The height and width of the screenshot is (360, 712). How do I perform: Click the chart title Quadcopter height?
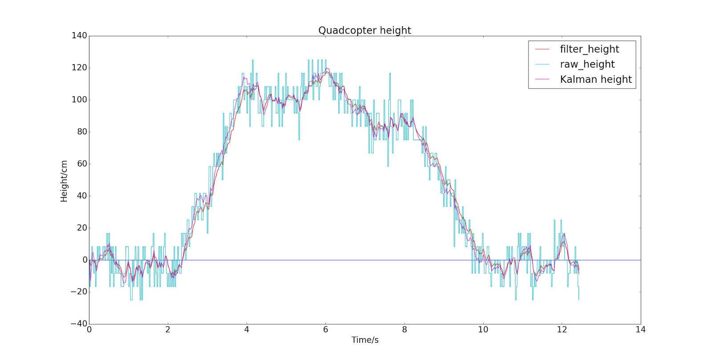coord(364,30)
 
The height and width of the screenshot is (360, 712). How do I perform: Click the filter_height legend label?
coord(589,49)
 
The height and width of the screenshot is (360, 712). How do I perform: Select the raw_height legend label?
coord(587,64)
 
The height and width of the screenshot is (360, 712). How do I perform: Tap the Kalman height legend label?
coord(595,79)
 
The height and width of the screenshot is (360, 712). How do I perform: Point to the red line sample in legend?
coord(542,49)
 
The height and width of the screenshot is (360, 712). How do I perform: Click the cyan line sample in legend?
coord(542,65)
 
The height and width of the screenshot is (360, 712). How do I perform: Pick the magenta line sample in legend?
coord(542,80)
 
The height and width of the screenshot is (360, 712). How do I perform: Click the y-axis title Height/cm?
coord(64,181)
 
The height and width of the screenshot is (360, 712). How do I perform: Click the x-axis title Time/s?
coord(365,340)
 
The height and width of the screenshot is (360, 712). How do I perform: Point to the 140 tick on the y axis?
coord(79,36)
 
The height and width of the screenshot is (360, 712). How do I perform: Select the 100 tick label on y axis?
coord(79,100)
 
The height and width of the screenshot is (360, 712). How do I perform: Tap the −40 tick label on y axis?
coord(78,324)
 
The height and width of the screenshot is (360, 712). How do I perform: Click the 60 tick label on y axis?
coord(82,164)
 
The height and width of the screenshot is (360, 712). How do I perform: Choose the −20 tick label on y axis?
coord(78,292)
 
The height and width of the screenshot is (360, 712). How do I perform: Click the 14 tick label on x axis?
coord(640,330)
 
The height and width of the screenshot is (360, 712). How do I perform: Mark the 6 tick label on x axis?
coord(325,330)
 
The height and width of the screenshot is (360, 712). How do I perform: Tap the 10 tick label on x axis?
coord(483,330)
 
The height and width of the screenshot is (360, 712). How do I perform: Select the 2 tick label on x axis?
coord(168,330)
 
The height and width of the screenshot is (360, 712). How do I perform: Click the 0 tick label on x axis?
coord(89,330)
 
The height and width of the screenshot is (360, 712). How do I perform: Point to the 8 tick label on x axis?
coord(404,330)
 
